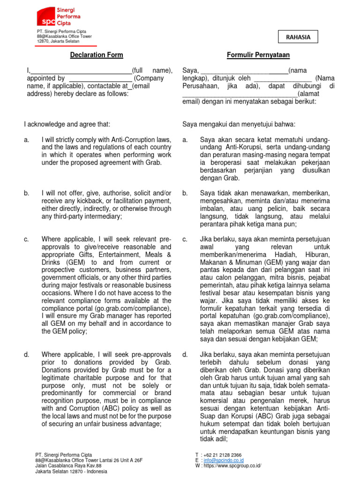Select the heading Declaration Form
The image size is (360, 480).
click(x=97, y=55)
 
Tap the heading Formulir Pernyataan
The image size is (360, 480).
click(x=258, y=55)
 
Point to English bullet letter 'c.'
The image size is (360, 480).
click(x=26, y=240)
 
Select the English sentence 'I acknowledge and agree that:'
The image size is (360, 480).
click(x=67, y=124)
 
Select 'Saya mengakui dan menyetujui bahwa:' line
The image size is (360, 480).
click(x=239, y=124)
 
